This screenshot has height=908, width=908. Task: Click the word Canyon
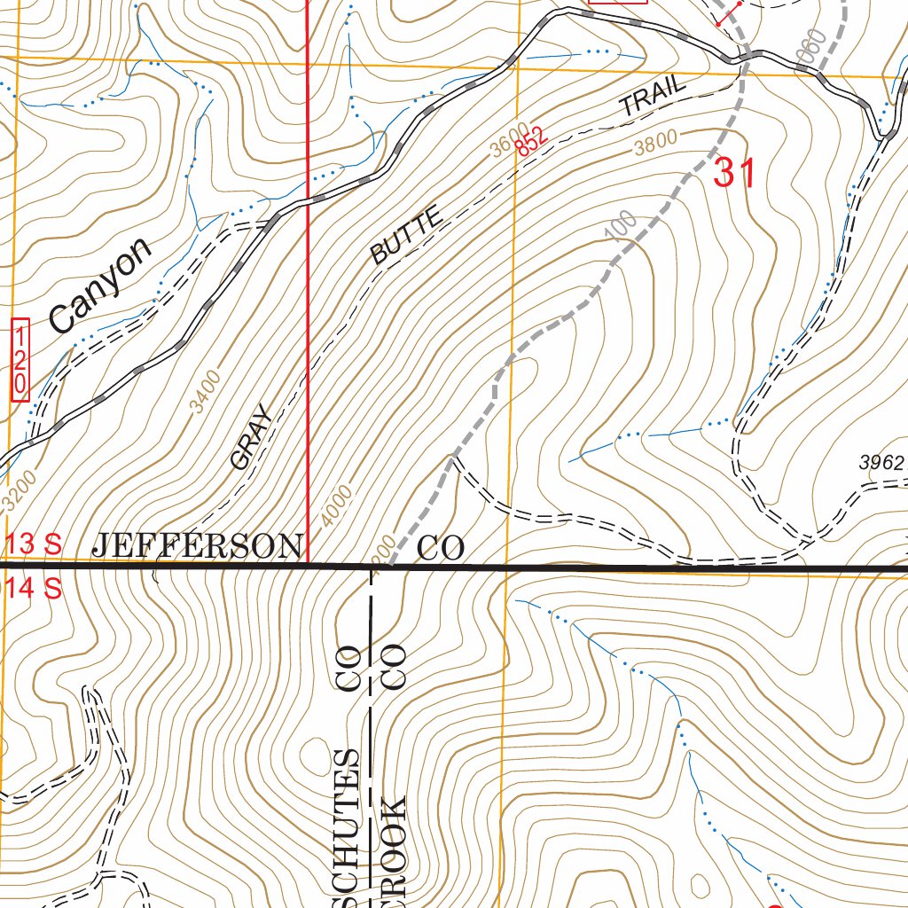coord(100,286)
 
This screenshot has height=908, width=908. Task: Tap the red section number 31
coord(735,173)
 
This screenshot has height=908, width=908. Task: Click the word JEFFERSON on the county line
coord(197,546)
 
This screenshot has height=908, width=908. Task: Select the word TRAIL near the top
coord(653,97)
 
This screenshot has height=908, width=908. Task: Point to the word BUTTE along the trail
coord(406,236)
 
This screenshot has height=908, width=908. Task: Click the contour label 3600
coord(509,139)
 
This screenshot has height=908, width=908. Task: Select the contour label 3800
coord(655,143)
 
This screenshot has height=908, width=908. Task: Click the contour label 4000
coord(337,505)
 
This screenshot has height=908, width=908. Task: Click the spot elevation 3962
coord(881,462)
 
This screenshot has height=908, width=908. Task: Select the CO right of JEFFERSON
coord(441,548)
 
